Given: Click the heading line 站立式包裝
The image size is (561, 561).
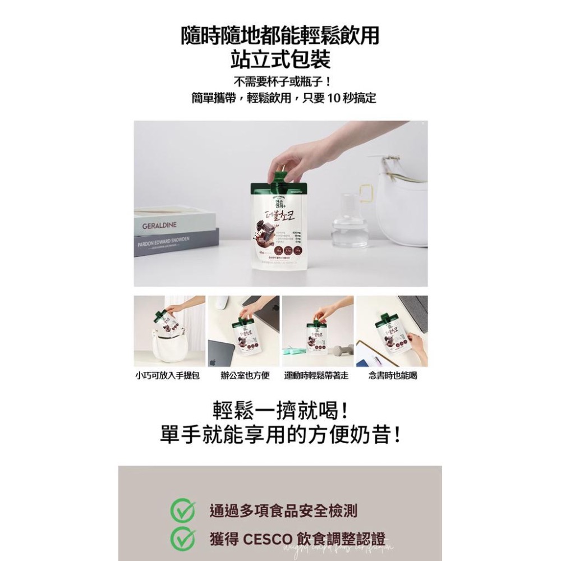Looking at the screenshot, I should (280, 58).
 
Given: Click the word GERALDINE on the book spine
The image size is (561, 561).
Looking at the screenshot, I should (159, 225).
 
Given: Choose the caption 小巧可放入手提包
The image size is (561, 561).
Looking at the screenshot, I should (168, 375).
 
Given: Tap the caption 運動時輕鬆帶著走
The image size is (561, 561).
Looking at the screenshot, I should (316, 375).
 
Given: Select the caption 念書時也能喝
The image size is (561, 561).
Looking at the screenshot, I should (393, 375).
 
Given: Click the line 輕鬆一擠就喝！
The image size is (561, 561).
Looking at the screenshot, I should (280, 411).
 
